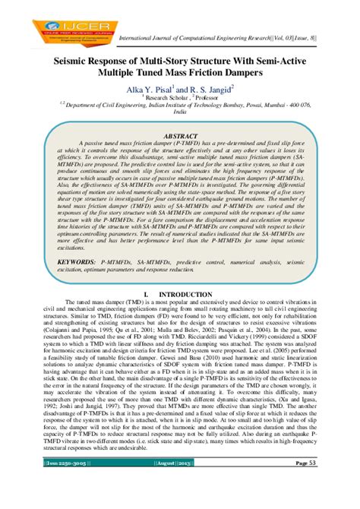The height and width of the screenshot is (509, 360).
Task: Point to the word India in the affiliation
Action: pyautogui.click(x=179, y=111)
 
